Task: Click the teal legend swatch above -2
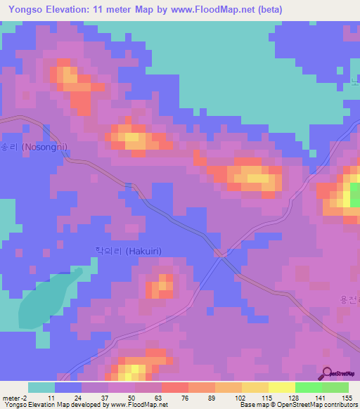[41, 387]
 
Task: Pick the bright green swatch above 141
[308, 387]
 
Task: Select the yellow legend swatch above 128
[281, 387]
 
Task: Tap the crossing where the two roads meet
[221, 254]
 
